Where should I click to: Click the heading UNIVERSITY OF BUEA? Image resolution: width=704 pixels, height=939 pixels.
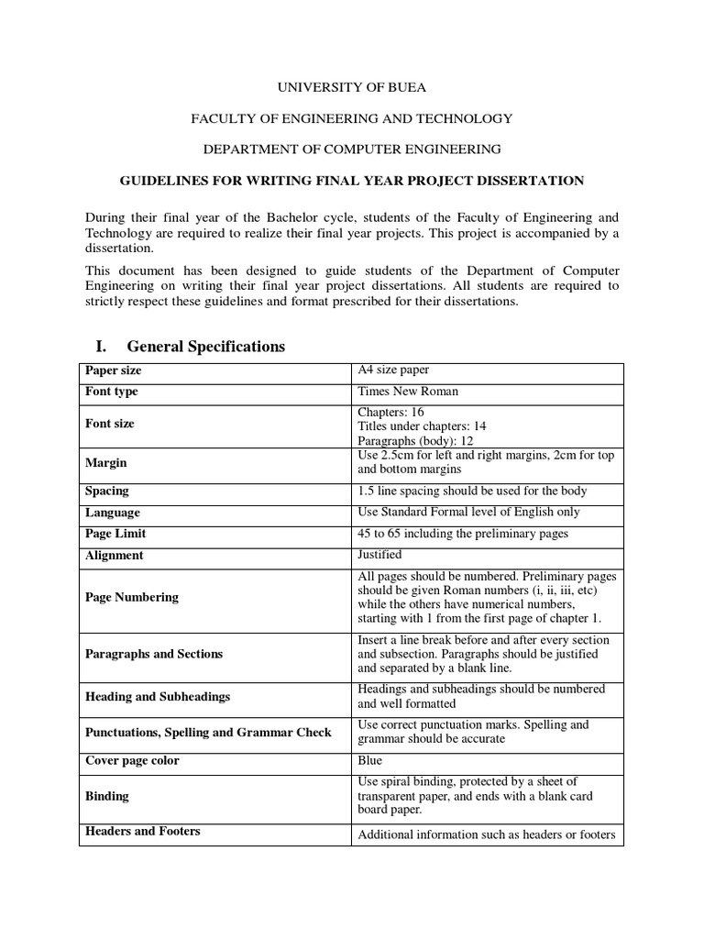point(352,88)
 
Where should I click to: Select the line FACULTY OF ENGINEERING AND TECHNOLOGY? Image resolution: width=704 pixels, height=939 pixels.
point(352,118)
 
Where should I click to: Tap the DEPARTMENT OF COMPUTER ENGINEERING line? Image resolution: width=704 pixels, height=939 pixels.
point(352,149)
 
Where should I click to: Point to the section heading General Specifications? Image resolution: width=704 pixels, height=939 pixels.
point(206,346)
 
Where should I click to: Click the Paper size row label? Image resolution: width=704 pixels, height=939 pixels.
point(114,370)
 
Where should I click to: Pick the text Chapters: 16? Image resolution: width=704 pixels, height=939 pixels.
point(390,412)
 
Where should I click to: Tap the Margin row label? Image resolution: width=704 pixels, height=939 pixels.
point(106,463)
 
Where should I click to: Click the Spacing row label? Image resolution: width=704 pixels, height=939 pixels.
point(107,492)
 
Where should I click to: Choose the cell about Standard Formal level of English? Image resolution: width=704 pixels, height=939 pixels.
point(468,513)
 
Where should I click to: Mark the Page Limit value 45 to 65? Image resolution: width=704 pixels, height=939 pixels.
point(463,534)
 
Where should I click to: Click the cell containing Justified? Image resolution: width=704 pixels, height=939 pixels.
point(379,555)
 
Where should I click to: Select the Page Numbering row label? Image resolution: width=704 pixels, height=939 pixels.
point(132,597)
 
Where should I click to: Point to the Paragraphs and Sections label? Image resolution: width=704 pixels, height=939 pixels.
point(154,654)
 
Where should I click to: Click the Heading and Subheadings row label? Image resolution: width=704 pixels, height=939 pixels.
point(158,696)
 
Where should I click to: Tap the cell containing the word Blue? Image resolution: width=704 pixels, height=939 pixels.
point(370,760)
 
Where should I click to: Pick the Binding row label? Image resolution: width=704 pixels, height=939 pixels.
point(107,796)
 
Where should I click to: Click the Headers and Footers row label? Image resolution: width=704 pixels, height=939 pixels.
point(143,831)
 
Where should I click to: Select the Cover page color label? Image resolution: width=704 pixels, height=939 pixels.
point(132,760)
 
